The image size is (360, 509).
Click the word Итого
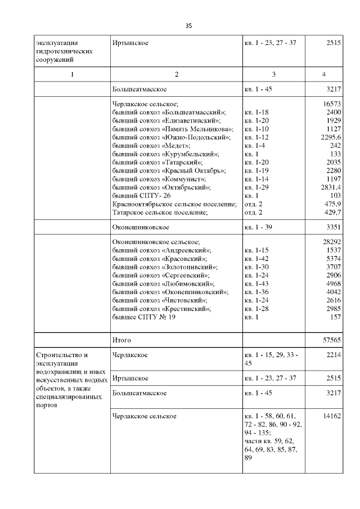122,340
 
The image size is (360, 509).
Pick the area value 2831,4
329,187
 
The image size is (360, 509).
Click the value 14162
331,416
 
